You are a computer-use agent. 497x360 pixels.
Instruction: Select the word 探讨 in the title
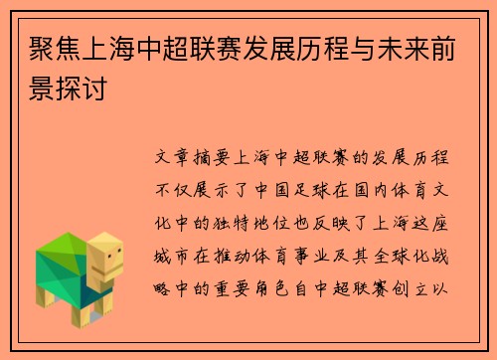(x=85, y=90)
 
